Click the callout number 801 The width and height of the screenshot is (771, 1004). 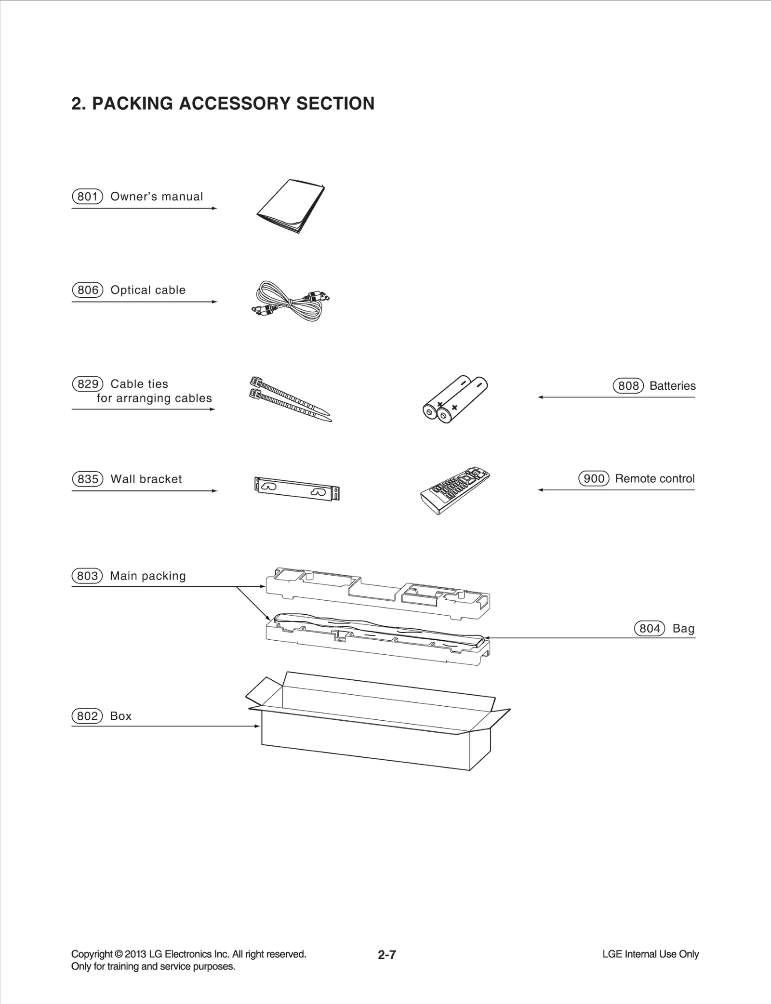tap(87, 197)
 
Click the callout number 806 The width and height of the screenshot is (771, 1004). tap(88, 290)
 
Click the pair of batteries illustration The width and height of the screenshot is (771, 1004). tap(454, 399)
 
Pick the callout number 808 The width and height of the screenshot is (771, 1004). tap(628, 386)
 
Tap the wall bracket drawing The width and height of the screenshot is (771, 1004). tap(296, 489)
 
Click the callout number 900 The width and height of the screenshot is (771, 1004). tap(594, 479)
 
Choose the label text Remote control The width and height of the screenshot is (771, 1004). tap(654, 479)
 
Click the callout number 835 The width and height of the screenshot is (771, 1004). tap(88, 479)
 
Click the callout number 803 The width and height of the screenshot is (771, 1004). tap(87, 576)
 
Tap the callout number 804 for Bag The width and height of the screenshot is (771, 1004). tap(649, 629)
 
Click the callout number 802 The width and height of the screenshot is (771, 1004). tap(87, 716)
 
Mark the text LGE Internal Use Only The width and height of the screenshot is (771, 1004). tap(650, 954)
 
